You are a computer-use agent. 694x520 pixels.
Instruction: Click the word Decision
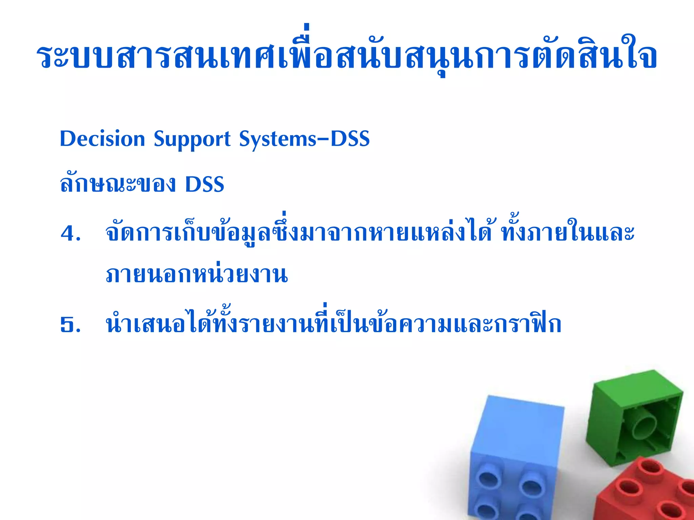[102, 139]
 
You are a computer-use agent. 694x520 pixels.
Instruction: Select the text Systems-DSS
[304, 139]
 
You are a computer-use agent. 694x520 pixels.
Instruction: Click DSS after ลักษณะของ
[205, 184]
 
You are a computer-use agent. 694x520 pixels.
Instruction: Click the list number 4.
[70, 234]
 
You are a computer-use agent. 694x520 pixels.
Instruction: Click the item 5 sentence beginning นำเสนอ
[334, 324]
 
